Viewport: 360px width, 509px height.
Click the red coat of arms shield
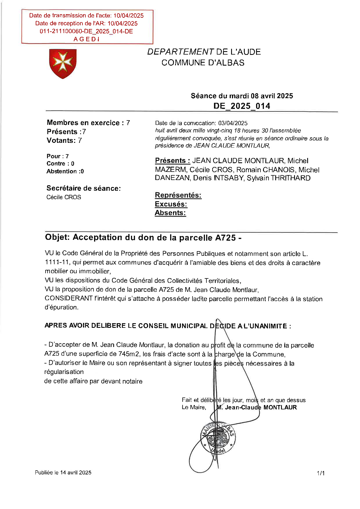63,63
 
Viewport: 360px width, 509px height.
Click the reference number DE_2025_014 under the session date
242,106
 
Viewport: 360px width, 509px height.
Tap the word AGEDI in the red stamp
87,39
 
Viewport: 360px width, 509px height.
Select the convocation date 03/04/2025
233,123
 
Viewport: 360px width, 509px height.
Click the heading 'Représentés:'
178,195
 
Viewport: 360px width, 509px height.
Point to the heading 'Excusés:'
171,204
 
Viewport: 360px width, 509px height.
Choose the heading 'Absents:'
170,213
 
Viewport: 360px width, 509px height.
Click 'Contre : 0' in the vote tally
60,163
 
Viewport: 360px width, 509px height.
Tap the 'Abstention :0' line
65,171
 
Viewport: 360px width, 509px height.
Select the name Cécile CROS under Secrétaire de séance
64,197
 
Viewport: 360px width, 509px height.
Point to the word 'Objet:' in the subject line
57,237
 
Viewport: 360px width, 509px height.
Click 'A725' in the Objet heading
225,238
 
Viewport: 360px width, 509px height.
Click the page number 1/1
321,473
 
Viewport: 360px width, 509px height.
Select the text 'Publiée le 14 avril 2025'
63,472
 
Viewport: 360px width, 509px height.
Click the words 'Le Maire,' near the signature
194,407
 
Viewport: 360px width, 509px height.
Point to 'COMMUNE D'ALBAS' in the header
203,63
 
